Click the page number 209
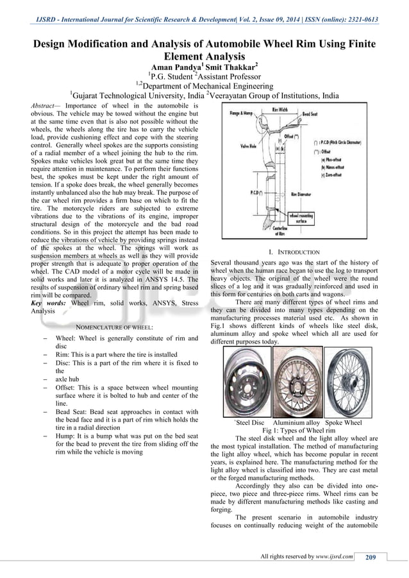pos(370,556)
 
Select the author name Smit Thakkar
pos(235,67)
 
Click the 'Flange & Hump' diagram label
pos(242,115)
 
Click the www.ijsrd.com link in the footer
pos(335,556)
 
